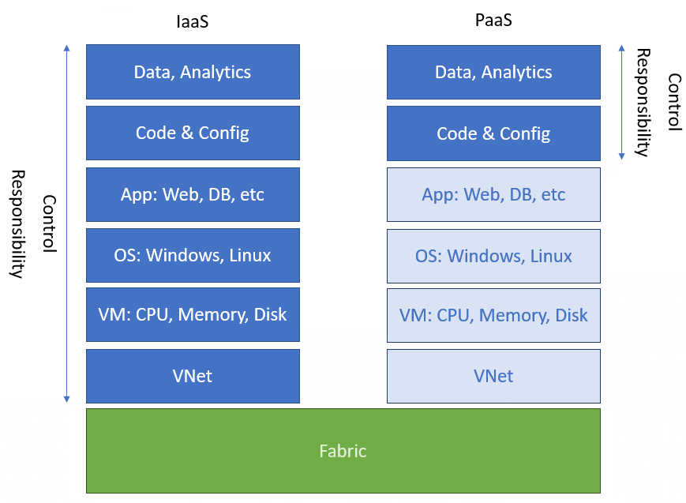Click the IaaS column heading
click(193, 22)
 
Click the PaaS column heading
click(493, 21)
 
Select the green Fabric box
click(343, 451)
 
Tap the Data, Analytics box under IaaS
click(193, 72)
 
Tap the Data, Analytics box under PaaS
click(493, 72)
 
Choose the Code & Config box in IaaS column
click(193, 133)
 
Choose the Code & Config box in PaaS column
click(493, 133)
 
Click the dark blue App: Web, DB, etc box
click(193, 194)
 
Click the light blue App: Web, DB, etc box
click(493, 194)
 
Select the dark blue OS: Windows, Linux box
click(193, 255)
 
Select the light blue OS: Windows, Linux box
click(493, 256)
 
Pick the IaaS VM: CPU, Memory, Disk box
click(193, 315)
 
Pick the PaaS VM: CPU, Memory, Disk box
click(493, 316)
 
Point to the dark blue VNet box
click(193, 376)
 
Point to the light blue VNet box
click(493, 376)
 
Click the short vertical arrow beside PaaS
click(621, 101)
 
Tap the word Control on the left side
click(49, 223)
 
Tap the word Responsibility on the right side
click(643, 103)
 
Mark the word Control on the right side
click(673, 101)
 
